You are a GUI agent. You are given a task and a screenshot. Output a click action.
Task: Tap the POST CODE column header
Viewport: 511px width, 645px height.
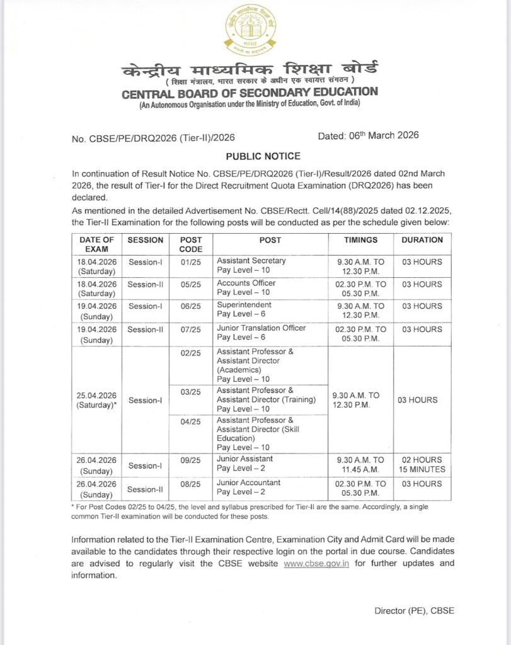tap(190, 244)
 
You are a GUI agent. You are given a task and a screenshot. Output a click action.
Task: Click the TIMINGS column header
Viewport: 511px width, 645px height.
tap(360, 240)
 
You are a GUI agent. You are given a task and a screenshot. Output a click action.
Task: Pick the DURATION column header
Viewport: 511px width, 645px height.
tap(422, 240)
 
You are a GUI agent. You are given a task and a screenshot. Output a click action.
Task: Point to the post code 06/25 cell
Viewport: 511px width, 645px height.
tap(190, 306)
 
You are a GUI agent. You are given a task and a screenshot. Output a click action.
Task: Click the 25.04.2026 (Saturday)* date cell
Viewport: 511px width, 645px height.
tap(96, 400)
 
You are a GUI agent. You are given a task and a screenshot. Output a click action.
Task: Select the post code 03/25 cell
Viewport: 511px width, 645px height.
tap(190, 392)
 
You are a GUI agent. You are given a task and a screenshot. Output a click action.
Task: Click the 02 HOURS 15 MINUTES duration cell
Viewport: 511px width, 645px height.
tap(422, 464)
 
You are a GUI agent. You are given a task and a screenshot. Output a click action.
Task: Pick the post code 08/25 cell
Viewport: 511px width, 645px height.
tap(190, 483)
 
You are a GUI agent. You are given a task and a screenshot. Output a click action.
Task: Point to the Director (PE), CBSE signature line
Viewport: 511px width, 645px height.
tap(414, 610)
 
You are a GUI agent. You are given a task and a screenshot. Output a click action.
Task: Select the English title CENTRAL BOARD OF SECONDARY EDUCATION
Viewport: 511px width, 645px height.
tap(250, 92)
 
